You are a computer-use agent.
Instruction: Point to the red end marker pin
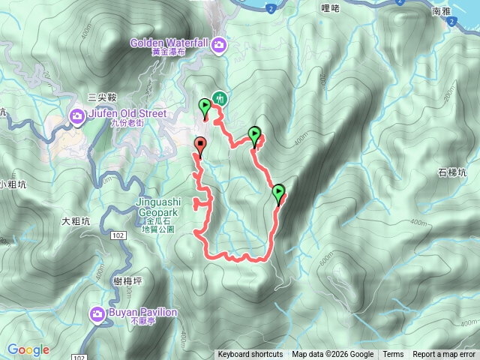[200, 145]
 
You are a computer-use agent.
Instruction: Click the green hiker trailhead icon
[219, 97]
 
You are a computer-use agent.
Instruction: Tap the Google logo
[28, 350]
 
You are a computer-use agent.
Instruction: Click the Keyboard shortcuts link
[250, 355]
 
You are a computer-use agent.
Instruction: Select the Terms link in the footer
[393, 355]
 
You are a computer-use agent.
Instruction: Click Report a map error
[445, 355]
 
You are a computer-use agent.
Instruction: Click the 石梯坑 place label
[452, 172]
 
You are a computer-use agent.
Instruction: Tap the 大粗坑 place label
[76, 221]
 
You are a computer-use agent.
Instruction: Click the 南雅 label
[441, 11]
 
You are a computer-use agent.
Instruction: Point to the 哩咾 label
[330, 8]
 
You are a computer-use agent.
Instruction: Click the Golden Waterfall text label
[169, 43]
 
